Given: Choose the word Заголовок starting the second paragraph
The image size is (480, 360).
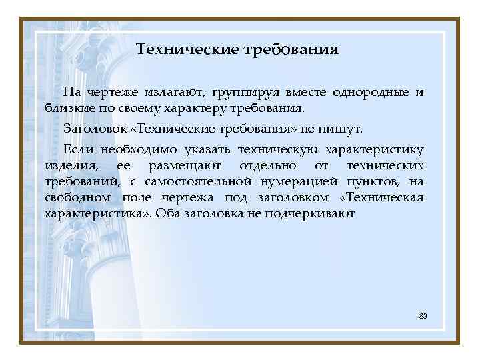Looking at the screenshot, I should click(x=91, y=129).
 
